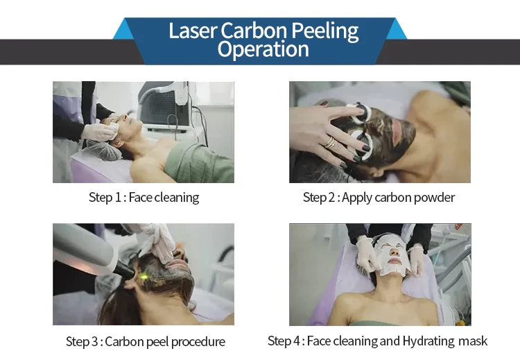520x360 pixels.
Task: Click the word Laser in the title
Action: (x=193, y=31)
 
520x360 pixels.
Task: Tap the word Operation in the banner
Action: (x=263, y=49)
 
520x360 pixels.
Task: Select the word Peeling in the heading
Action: (x=325, y=31)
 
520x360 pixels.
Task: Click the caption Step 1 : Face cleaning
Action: (x=144, y=197)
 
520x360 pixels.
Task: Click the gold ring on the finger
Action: (x=330, y=143)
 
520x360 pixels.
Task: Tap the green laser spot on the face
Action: (x=144, y=276)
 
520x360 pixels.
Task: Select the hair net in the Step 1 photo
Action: (x=102, y=151)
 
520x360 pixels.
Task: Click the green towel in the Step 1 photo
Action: (x=199, y=162)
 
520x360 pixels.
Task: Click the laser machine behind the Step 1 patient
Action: (x=164, y=105)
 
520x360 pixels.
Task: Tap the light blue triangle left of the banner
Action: (x=123, y=29)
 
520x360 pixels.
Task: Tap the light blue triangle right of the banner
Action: (x=397, y=29)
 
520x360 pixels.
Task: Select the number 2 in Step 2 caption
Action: (x=331, y=198)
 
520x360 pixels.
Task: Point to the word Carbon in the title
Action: (x=254, y=31)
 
